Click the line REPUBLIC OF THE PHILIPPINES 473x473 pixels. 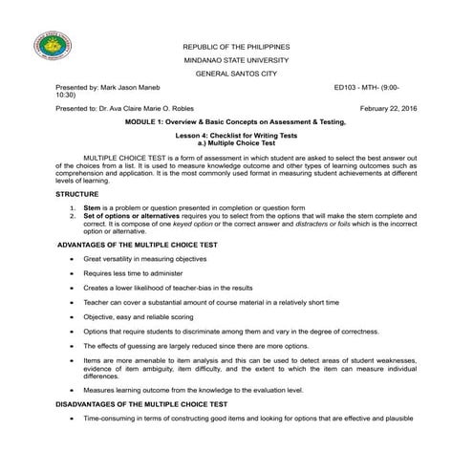pyautogui.click(x=235, y=46)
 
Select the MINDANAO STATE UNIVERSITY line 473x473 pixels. pyautogui.click(x=235, y=59)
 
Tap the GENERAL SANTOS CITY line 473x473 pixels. pyautogui.click(x=235, y=73)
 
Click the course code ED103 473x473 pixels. pyautogui.click(x=345, y=86)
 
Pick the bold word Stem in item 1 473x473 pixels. pyautogui.click(x=92, y=207)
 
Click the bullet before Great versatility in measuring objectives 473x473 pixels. pyautogui.click(x=71, y=259)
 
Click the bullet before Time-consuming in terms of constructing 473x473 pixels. pyautogui.click(x=71, y=419)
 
